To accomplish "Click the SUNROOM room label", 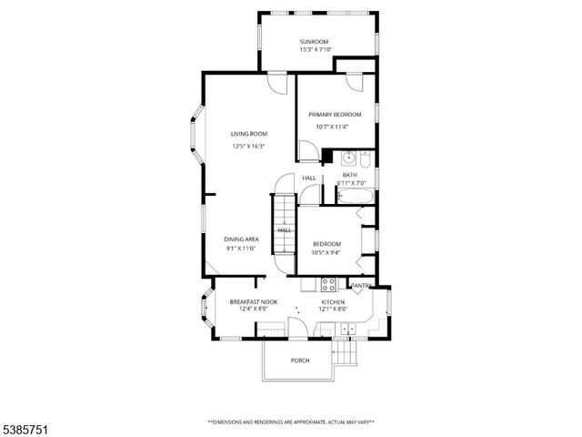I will [x=316, y=42].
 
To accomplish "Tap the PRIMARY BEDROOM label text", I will [x=335, y=114].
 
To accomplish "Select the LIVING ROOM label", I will [x=248, y=134].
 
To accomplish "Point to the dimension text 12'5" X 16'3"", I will [x=248, y=146].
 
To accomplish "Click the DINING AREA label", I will [x=242, y=239].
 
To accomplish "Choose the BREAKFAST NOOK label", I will [x=253, y=301].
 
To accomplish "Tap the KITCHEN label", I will [x=333, y=301].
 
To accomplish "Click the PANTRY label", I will [x=361, y=286].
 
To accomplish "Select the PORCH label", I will [x=300, y=361].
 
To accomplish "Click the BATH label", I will [x=350, y=175].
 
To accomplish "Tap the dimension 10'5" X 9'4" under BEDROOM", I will [x=326, y=254].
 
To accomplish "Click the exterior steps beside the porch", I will [x=346, y=352].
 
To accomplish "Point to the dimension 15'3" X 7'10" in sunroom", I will [x=316, y=50].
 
